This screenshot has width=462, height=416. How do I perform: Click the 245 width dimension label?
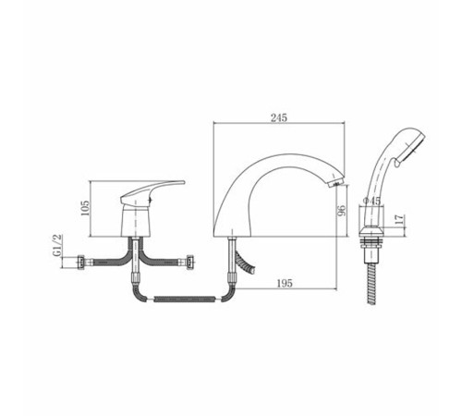[279, 117]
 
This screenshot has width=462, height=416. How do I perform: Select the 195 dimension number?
[285, 283]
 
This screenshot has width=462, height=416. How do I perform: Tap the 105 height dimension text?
[85, 208]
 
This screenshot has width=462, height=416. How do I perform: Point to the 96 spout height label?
[342, 211]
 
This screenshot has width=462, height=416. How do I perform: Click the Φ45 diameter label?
[372, 201]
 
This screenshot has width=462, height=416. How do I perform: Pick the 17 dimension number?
[399, 219]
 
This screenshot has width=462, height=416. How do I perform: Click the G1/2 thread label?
[57, 245]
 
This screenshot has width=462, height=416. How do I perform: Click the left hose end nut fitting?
[81, 263]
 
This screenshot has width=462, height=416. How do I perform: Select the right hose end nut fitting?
[190, 263]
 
